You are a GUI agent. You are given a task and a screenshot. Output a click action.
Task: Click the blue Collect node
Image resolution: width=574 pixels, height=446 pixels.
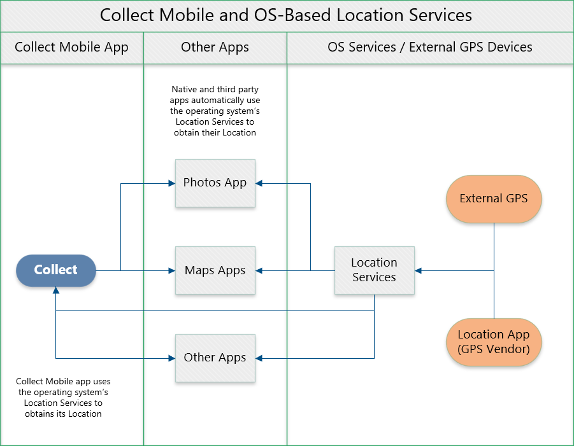(x=56, y=270)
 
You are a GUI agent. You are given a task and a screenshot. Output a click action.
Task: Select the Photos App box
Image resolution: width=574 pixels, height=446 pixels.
(x=215, y=183)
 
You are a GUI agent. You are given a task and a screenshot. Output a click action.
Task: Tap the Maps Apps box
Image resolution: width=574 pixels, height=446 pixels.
(x=215, y=270)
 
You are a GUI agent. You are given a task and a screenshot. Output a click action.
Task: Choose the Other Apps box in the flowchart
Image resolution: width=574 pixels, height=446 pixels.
(x=215, y=358)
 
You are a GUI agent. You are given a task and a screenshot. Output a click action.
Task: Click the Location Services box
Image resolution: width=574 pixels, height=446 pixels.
(x=374, y=270)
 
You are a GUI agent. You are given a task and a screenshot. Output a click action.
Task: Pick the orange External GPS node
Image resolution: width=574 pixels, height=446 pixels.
(x=494, y=199)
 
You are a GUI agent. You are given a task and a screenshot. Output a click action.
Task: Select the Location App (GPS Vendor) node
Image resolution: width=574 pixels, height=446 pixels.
(x=494, y=342)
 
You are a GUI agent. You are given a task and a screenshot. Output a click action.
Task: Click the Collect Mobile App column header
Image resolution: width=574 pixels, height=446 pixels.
(x=71, y=47)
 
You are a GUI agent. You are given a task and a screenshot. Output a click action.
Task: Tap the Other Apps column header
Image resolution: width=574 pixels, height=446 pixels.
(x=215, y=47)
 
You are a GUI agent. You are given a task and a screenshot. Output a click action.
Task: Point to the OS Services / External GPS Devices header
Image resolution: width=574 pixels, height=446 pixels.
(x=430, y=47)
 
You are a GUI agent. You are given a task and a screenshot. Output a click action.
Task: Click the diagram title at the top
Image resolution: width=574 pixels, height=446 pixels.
(x=286, y=15)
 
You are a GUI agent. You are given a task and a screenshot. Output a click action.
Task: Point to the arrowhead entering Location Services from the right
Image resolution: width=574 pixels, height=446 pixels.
(x=419, y=271)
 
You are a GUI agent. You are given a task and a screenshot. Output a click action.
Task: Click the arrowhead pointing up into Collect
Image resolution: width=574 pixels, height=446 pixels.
(x=56, y=291)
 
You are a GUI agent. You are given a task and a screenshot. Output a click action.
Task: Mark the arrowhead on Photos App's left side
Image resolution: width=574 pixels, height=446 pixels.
(x=171, y=184)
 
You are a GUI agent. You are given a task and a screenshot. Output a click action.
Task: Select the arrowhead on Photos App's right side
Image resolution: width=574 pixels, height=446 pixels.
(x=259, y=184)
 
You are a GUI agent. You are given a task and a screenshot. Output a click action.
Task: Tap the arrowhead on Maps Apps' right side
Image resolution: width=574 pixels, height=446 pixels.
(x=259, y=271)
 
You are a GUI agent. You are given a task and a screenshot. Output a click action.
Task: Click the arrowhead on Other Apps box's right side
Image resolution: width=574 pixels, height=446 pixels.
(x=259, y=358)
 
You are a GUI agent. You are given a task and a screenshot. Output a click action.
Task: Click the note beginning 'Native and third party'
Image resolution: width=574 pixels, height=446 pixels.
(x=215, y=111)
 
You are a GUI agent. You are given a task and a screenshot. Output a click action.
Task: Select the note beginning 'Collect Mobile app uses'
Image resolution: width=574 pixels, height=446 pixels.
(x=63, y=398)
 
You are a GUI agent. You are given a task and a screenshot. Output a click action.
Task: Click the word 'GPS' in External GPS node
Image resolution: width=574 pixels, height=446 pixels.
(x=516, y=199)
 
